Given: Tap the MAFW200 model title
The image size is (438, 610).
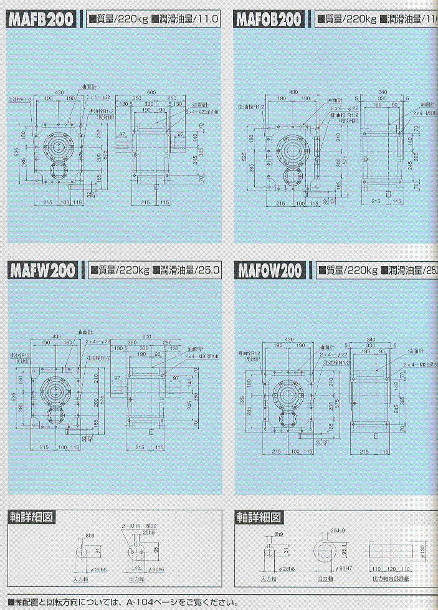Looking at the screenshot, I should (43, 270).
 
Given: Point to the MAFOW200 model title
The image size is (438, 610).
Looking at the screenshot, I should (270, 270).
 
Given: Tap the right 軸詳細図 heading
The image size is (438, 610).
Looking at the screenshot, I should (259, 517).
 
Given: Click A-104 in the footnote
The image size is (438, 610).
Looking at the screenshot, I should (137, 603).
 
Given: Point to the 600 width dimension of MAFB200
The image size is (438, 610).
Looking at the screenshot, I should (151, 92).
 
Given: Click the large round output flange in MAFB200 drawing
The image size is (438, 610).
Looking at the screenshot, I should (60, 147).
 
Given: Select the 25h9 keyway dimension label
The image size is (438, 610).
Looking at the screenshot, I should (148, 533).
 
